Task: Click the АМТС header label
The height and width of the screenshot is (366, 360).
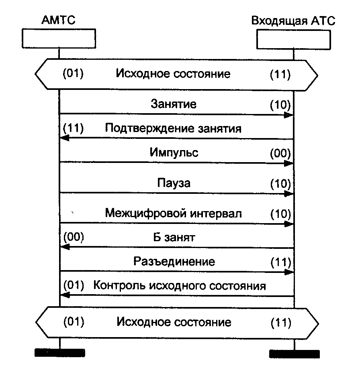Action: click(x=58, y=20)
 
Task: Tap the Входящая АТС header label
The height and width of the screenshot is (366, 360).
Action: click(x=293, y=20)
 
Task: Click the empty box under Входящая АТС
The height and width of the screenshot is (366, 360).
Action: click(x=294, y=39)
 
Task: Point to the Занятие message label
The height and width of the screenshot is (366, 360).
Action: click(x=174, y=104)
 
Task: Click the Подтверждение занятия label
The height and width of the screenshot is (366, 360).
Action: click(x=174, y=129)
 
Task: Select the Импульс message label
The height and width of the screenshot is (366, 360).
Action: click(x=174, y=153)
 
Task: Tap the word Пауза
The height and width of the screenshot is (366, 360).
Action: click(x=174, y=183)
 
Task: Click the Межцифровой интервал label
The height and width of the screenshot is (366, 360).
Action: click(x=174, y=213)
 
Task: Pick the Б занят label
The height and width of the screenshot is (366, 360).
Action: click(x=174, y=238)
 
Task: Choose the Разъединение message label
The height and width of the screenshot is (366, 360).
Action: click(x=174, y=262)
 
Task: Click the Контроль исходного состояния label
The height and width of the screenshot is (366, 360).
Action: click(x=180, y=286)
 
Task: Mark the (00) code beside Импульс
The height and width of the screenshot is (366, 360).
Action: click(x=280, y=153)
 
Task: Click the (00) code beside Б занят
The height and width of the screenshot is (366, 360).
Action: click(x=73, y=238)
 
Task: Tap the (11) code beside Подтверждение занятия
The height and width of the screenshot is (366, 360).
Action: click(x=73, y=129)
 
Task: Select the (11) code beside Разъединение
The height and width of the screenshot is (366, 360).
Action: click(x=280, y=262)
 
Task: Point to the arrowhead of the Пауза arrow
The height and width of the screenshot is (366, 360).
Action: click(x=289, y=193)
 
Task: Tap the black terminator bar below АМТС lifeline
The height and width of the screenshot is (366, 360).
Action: click(x=60, y=353)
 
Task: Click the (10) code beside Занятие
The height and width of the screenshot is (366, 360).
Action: click(x=280, y=105)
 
